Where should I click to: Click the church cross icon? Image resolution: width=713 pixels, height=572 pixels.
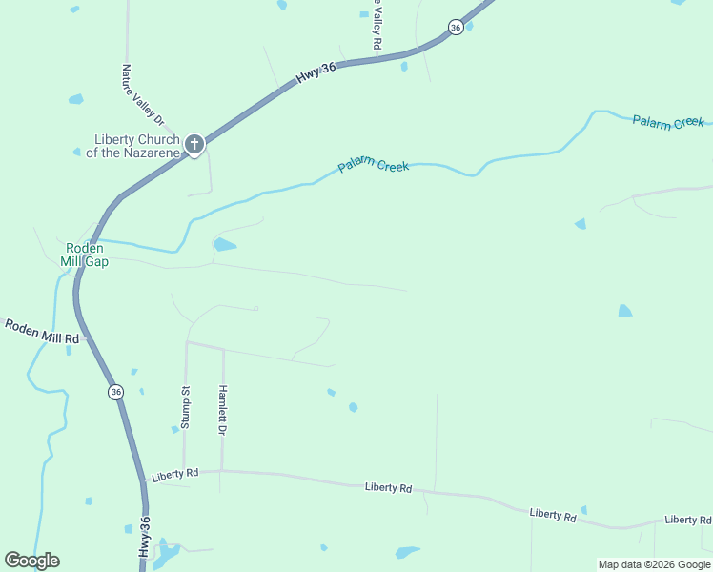coord(194,145)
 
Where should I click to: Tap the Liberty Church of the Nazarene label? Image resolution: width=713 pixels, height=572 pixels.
coord(136,146)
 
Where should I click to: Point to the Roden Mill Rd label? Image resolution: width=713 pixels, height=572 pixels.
coord(41,332)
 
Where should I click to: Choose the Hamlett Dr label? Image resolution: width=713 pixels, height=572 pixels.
coord(222,411)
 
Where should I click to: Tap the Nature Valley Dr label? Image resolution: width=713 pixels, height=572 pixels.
coord(143,94)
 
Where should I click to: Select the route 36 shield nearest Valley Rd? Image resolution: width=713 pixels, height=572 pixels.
coord(456,28)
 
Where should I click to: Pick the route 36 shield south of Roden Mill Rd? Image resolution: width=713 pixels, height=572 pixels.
coord(115,392)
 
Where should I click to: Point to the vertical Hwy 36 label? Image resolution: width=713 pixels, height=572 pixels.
coord(145,539)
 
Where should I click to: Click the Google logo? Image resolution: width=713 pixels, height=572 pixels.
coord(31,561)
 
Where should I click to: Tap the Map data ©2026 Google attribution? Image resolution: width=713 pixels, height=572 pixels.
coord(654,564)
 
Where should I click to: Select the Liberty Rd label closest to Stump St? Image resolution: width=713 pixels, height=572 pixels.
coord(174,474)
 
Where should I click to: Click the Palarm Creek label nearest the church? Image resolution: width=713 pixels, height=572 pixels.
coord(374,167)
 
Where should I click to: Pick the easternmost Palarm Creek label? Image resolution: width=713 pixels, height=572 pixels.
coord(667,121)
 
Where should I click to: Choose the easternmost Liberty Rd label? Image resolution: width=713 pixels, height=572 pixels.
coord(688,520)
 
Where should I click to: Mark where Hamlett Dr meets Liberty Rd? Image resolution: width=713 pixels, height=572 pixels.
coord(221,470)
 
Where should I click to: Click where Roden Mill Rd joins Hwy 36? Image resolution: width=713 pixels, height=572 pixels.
coord(88,337)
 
